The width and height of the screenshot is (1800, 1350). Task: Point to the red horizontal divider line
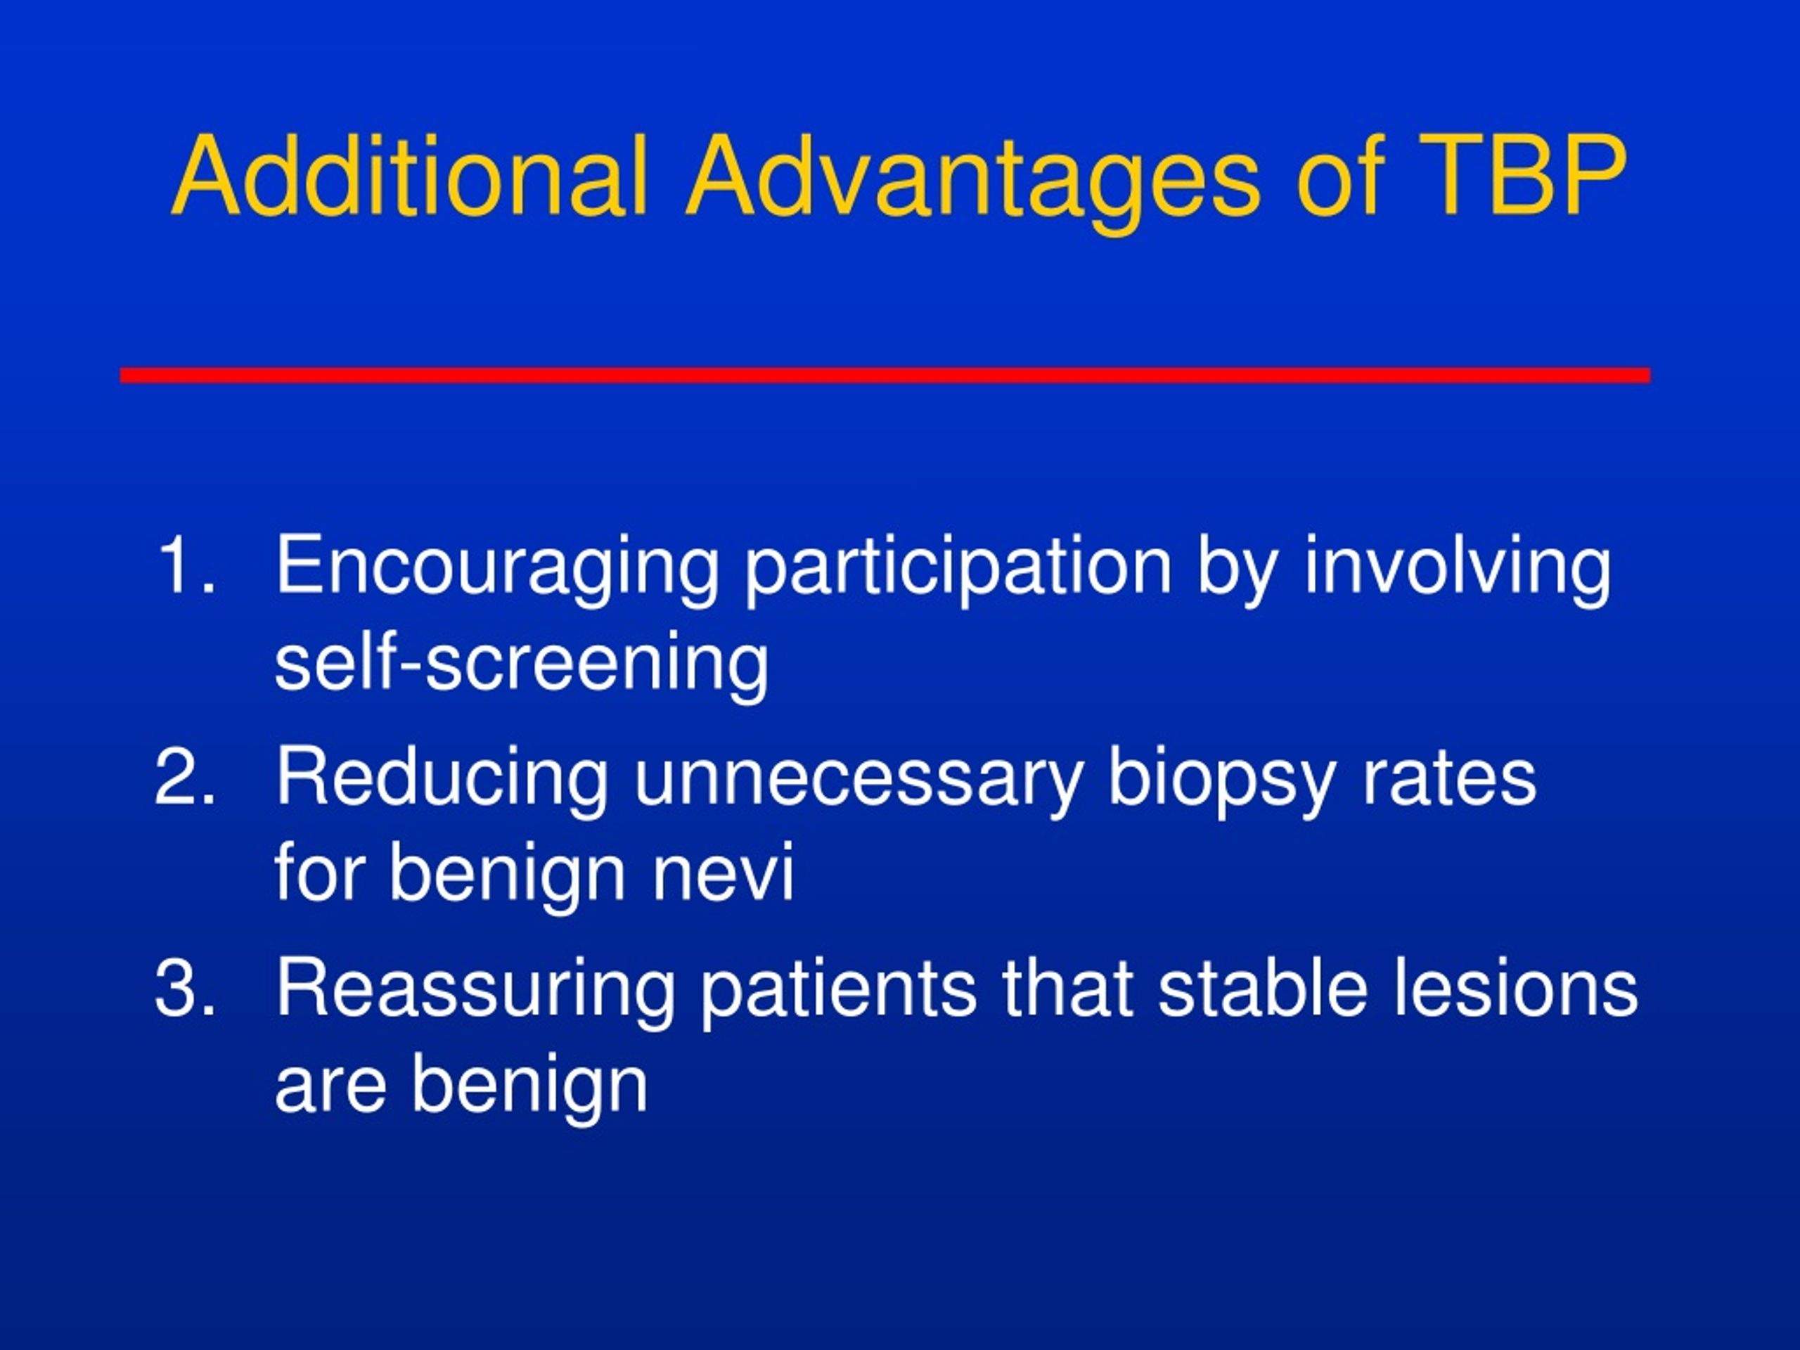click(885, 375)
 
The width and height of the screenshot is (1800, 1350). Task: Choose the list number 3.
click(186, 988)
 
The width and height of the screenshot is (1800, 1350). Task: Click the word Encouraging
click(497, 570)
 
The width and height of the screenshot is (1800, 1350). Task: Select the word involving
click(1458, 570)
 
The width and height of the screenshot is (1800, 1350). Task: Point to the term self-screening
click(522, 666)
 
